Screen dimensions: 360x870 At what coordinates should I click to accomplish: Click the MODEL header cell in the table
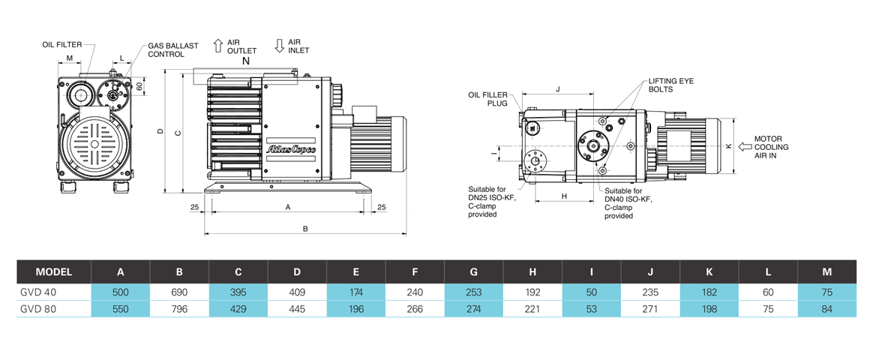click(x=53, y=271)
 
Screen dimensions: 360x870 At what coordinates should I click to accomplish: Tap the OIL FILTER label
click(x=62, y=45)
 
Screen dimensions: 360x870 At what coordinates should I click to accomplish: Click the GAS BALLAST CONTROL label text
click(x=173, y=49)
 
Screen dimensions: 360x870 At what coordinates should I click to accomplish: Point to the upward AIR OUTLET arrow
click(x=217, y=45)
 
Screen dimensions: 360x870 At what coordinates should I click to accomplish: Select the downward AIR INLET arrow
click(x=280, y=45)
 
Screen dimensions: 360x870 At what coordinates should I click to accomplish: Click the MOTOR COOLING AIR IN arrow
click(x=745, y=146)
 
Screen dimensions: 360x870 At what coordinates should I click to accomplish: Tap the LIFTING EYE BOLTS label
click(x=661, y=84)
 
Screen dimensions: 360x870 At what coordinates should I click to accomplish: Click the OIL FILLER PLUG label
click(x=488, y=100)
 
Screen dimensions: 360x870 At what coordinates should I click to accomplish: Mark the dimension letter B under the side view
click(x=304, y=229)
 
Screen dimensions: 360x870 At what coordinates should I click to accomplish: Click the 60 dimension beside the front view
click(x=139, y=86)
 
